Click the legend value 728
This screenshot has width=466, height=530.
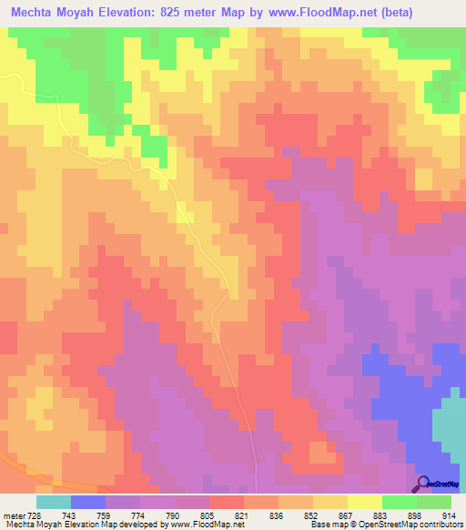(35, 515)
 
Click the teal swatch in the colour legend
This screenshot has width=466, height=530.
(54, 502)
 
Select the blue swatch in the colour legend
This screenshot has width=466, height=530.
(88, 502)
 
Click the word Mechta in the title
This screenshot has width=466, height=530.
(35, 13)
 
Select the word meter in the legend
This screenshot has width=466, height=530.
(13, 515)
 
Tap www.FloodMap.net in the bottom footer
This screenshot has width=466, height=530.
(210, 525)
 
